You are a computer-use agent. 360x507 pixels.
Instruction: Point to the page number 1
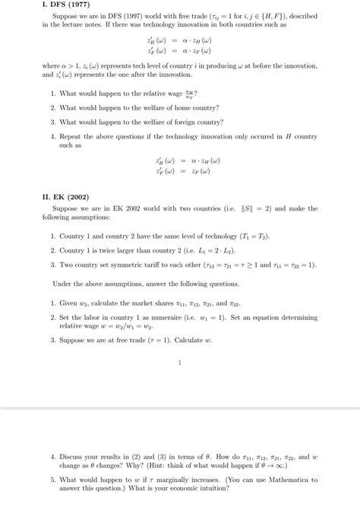179,363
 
